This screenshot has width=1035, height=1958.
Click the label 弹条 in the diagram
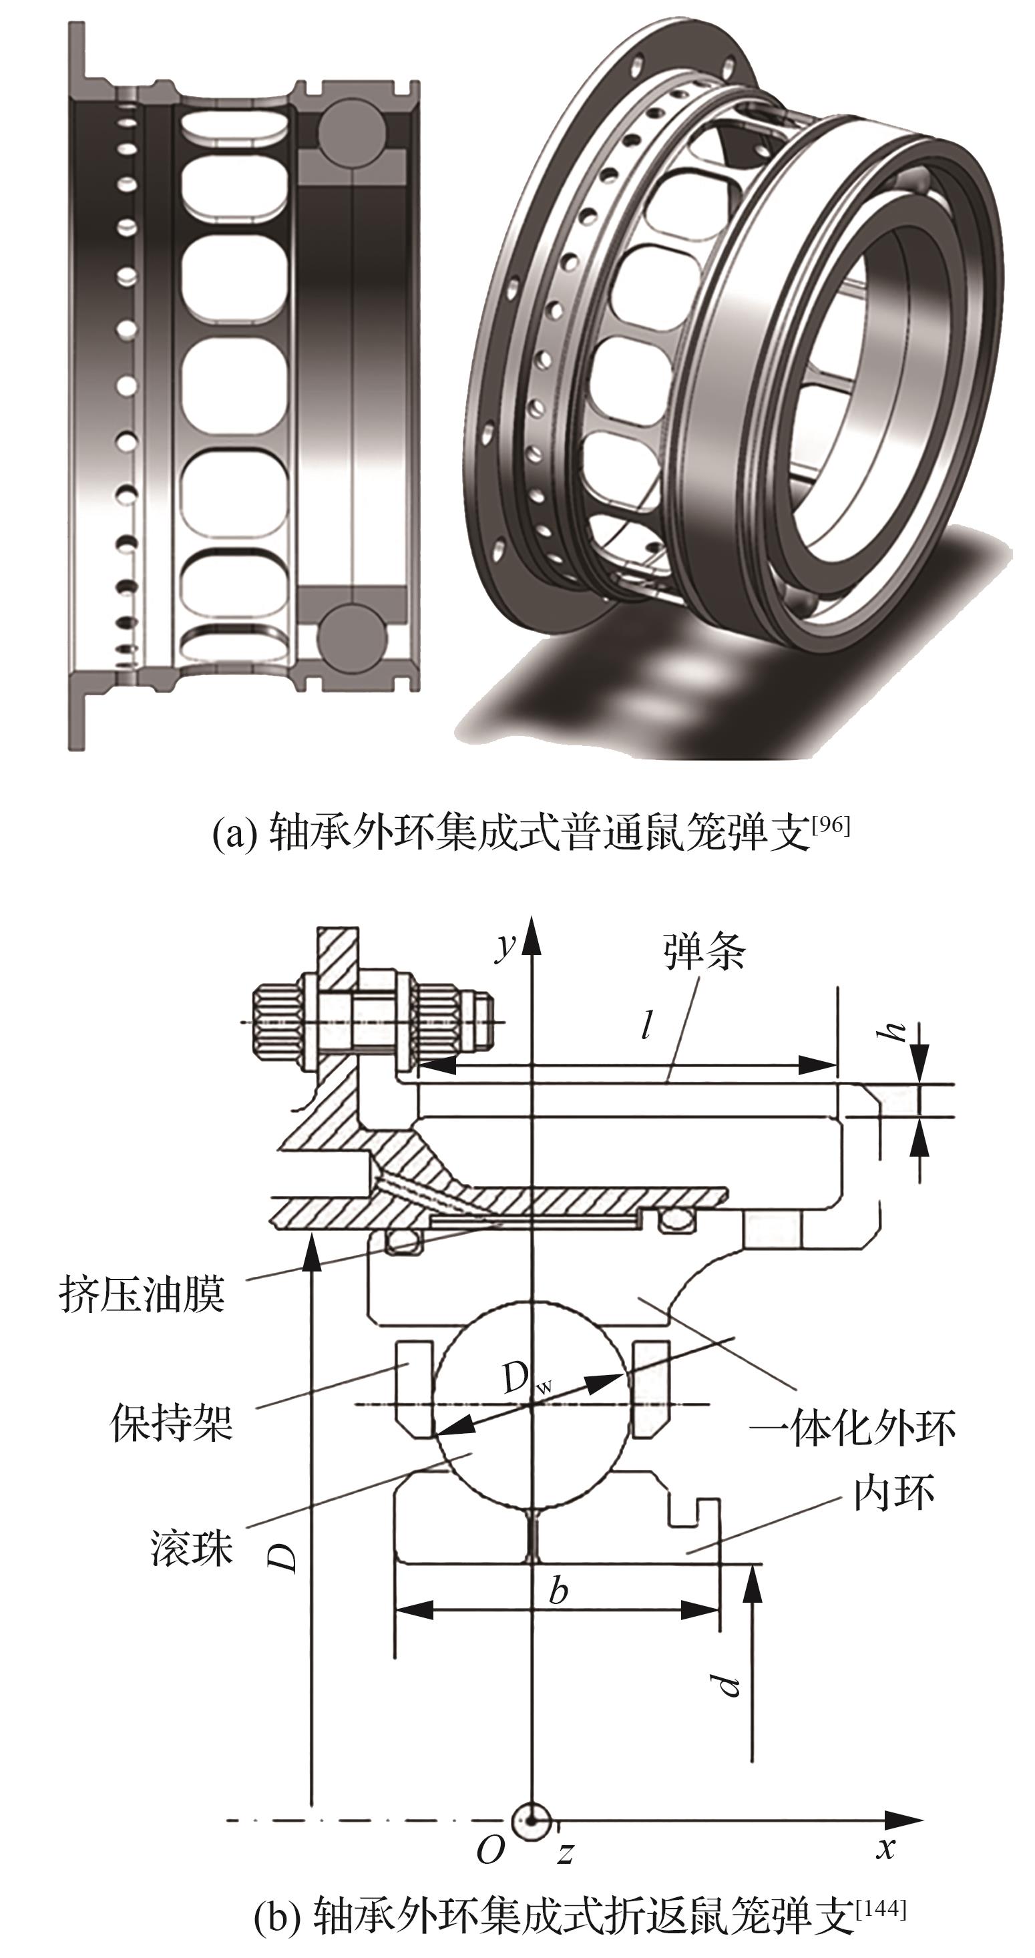pos(704,952)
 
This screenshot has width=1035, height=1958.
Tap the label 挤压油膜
pos(142,1294)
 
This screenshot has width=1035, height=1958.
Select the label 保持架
pos(172,1423)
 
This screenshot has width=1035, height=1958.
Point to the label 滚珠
pos(191,1547)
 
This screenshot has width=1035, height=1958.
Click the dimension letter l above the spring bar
pos(646,1026)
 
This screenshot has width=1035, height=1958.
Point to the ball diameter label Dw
pos(524,1378)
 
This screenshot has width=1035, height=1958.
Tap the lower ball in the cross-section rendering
pos(348,633)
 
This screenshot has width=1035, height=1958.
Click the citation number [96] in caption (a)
pos(830,825)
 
